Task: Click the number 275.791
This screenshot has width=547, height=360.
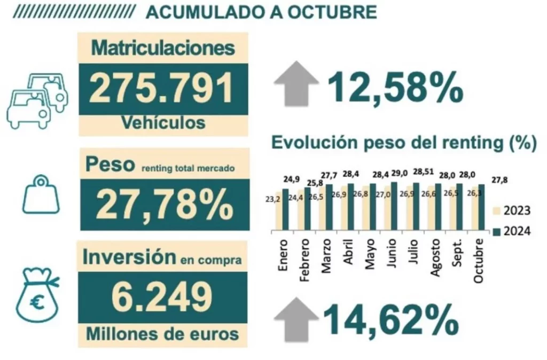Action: pos(161,89)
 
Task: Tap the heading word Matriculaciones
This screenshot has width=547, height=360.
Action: pos(163,48)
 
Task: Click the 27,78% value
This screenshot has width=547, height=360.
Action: pos(165,205)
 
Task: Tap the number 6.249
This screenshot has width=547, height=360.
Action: pos(161,297)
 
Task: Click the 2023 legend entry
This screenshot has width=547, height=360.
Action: pos(512,210)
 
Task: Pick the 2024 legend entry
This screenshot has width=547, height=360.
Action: pos(512,232)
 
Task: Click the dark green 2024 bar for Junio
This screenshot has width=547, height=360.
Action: pos(394,207)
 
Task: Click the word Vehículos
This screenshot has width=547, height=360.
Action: pos(163,123)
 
